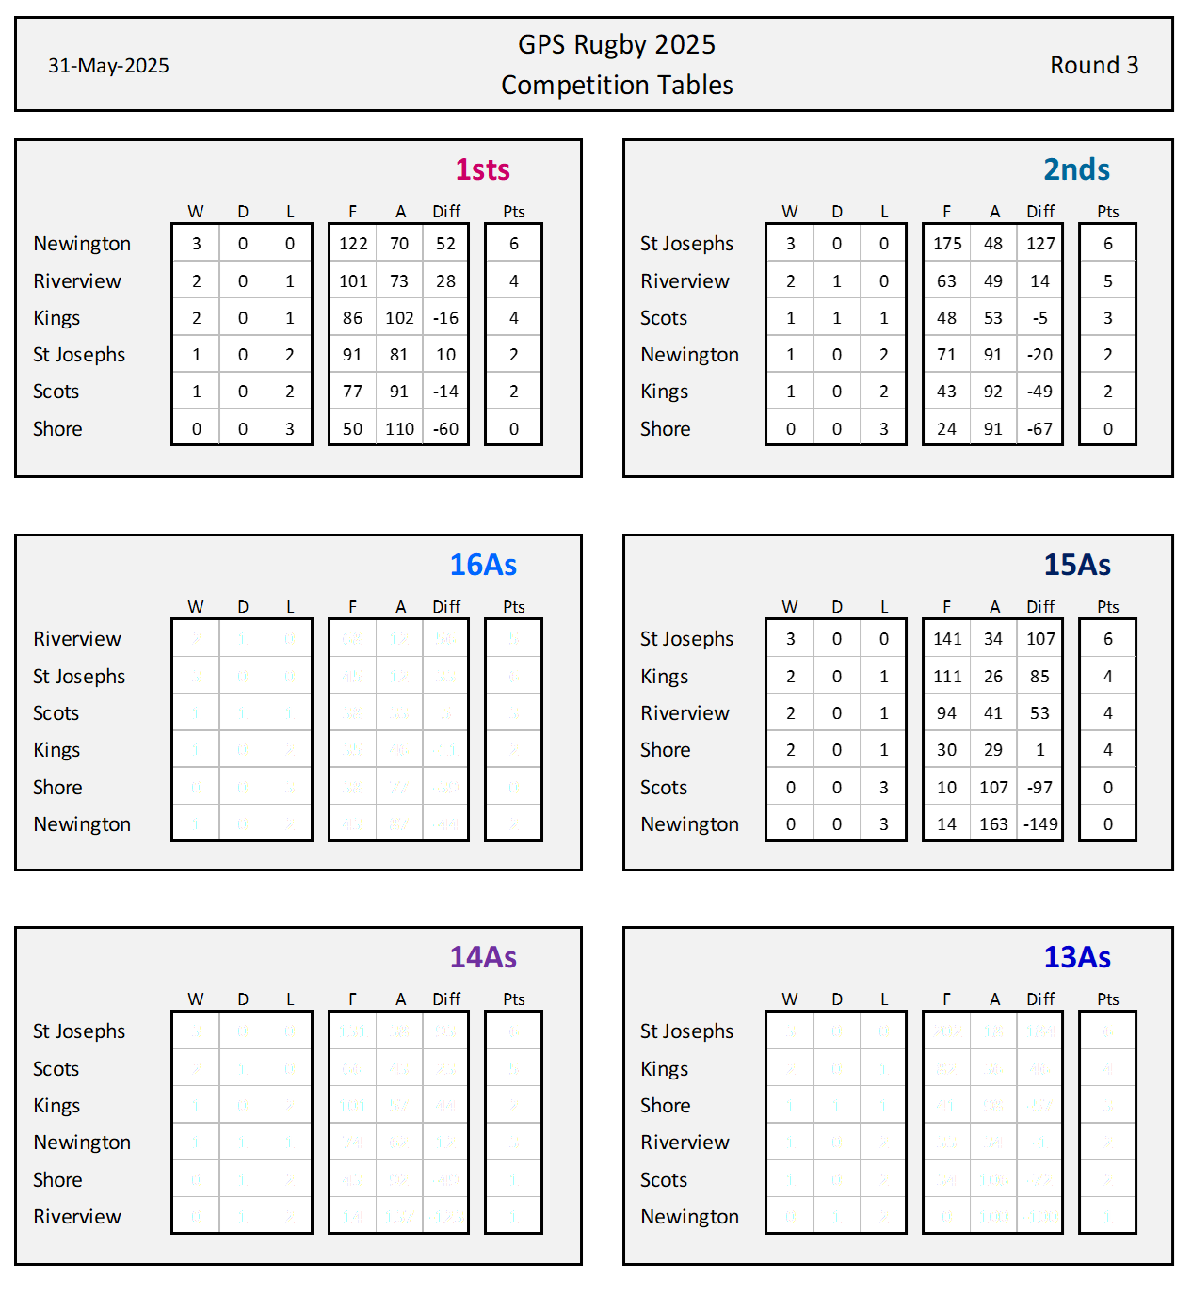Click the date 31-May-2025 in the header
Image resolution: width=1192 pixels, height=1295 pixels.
108,66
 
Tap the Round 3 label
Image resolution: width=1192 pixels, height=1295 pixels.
1094,65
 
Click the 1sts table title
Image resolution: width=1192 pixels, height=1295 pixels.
482,169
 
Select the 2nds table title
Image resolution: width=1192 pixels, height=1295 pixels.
1076,169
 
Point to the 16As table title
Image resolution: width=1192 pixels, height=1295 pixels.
483,565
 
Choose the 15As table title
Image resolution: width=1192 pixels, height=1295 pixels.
1077,565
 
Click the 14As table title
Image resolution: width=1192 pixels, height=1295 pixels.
483,957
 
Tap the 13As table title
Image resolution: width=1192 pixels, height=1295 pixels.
1077,957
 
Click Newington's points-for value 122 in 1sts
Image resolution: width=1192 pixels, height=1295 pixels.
353,244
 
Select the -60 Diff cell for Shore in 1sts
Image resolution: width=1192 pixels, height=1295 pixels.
445,429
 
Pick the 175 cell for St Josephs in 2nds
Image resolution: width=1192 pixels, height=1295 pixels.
947,244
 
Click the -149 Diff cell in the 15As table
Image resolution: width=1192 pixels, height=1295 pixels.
1040,824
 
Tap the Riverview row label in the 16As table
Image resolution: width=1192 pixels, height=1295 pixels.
77,639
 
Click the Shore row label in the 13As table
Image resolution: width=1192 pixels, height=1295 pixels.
665,1106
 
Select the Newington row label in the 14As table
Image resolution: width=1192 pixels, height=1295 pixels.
82,1143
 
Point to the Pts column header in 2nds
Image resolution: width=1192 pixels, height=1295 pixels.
1107,212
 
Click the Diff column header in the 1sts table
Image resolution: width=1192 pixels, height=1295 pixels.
446,212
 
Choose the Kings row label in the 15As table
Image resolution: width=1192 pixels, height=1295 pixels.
664,677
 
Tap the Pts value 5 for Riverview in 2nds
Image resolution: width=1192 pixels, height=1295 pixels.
1107,281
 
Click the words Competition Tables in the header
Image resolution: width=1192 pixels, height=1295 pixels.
617,86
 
